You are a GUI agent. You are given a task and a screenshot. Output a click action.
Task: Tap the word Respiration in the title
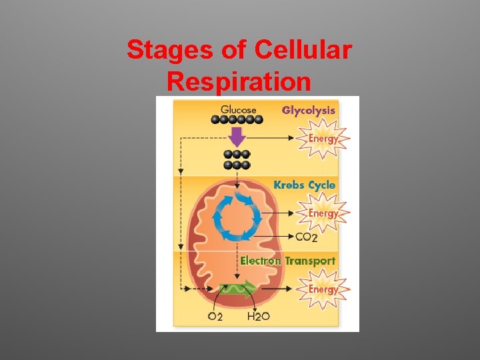239,81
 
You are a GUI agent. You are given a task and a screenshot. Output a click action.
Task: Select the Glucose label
238,109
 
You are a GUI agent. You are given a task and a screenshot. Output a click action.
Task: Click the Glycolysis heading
308,110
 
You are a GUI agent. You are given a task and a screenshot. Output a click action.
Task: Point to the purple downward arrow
237,137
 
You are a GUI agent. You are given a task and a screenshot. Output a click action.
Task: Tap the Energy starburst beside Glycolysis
323,139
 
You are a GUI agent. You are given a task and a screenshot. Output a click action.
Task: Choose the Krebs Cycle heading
304,185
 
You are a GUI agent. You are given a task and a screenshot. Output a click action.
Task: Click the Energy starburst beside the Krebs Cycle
323,213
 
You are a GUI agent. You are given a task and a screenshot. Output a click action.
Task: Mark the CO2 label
306,237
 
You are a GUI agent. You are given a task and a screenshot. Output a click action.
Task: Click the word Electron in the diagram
260,261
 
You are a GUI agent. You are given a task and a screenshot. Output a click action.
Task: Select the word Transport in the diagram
310,261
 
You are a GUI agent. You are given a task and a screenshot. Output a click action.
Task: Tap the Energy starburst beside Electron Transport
323,289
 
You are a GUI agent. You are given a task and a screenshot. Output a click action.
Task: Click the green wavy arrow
238,289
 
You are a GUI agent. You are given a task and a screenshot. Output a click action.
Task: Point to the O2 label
215,317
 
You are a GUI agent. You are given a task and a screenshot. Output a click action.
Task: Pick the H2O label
258,317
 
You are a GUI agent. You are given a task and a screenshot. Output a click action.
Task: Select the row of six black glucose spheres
237,120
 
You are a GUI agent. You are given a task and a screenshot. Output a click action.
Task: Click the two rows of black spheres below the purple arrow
237,159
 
